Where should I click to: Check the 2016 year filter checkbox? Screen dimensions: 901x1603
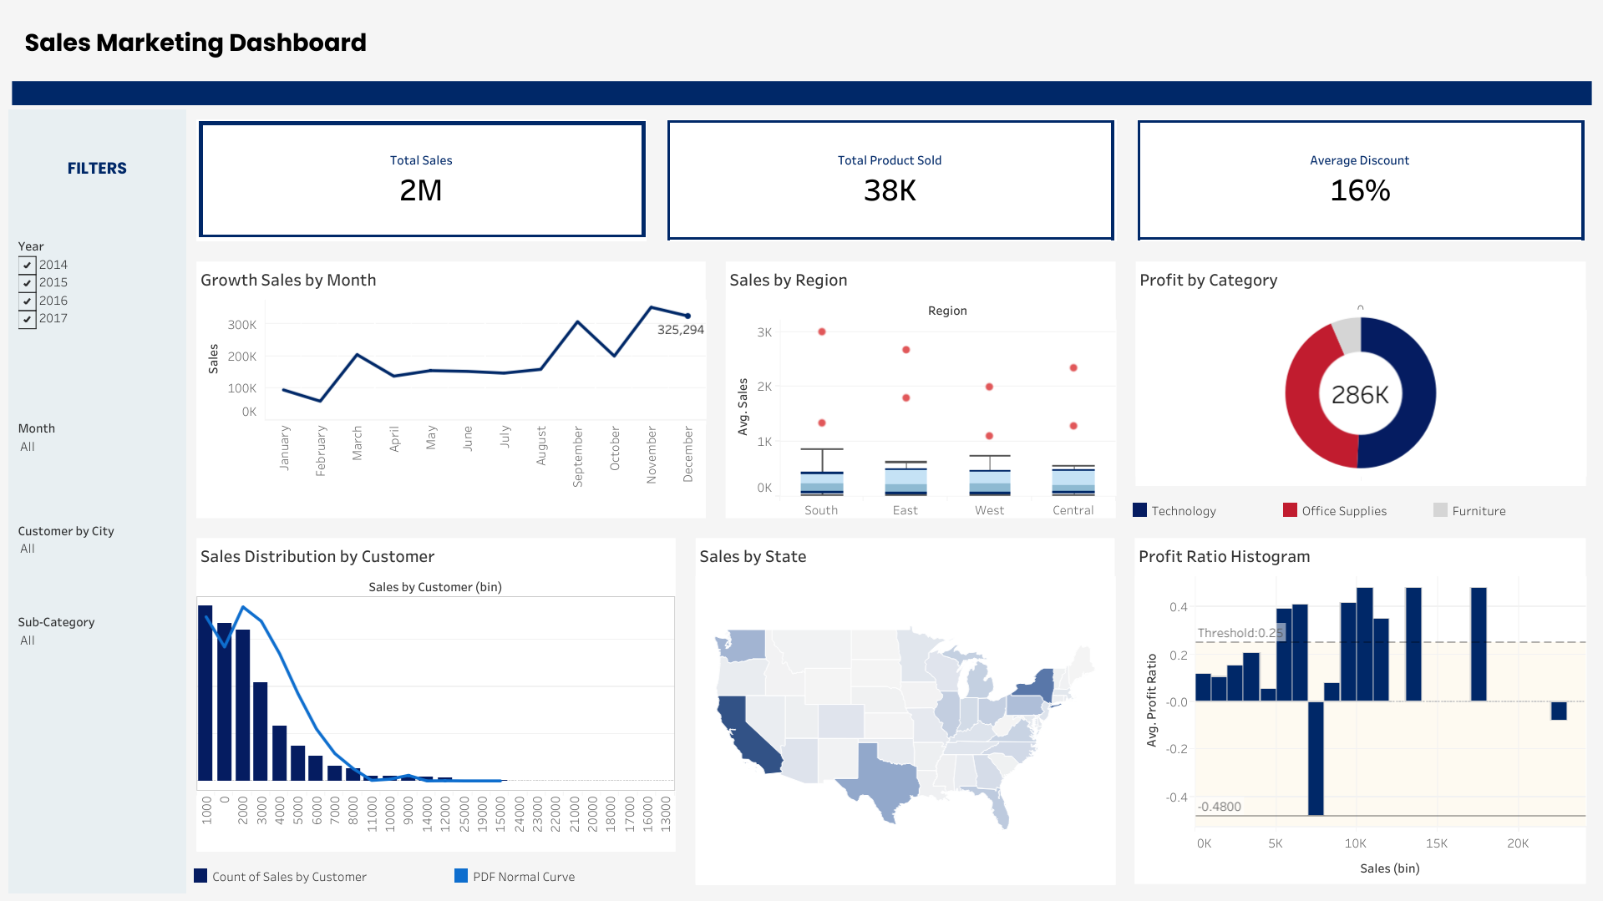click(x=28, y=301)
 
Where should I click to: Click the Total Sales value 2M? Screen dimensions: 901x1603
click(x=421, y=190)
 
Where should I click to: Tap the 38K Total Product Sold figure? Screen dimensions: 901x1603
click(x=890, y=190)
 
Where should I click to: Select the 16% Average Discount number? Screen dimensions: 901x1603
click(x=1360, y=190)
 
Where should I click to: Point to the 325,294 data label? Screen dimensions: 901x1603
click(x=680, y=330)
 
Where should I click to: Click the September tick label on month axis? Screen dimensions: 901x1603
click(x=577, y=456)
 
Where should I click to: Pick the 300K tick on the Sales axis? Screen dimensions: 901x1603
click(x=242, y=325)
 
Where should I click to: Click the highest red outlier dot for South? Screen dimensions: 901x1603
click(x=822, y=332)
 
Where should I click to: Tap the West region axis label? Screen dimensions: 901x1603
click(x=989, y=510)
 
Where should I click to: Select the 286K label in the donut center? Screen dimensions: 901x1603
click(x=1360, y=394)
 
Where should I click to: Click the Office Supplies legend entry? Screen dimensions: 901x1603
click(x=1343, y=511)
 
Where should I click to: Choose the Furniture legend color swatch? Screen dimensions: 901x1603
click(x=1440, y=510)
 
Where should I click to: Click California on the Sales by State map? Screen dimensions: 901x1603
click(x=748, y=735)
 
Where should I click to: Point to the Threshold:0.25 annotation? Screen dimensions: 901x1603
click(x=1240, y=633)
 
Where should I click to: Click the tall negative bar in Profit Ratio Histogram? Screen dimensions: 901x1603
click(x=1316, y=758)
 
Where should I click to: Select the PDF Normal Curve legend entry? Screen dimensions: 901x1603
click(x=523, y=877)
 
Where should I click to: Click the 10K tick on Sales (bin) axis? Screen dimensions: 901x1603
click(x=1355, y=843)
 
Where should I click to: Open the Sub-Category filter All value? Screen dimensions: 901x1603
click(x=28, y=640)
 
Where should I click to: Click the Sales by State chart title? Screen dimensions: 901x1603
click(x=753, y=557)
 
